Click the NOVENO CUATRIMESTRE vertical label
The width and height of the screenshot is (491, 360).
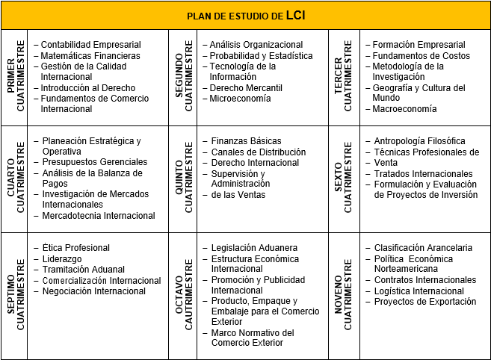pyautogui.click(x=345, y=294)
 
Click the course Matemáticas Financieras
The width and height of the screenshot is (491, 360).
pyautogui.click(x=90, y=56)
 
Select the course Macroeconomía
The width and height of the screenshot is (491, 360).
pyautogui.click(x=404, y=109)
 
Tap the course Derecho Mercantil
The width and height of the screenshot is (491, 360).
pyautogui.click(x=246, y=88)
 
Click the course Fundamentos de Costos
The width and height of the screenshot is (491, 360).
pyautogui.click(x=421, y=56)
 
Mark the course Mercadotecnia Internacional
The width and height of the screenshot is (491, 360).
pyautogui.click(x=99, y=216)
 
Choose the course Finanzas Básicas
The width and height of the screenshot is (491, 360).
pyautogui.click(x=247, y=141)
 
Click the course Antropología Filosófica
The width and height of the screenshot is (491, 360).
pyautogui.click(x=420, y=141)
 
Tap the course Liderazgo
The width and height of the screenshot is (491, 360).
pyautogui.click(x=61, y=259)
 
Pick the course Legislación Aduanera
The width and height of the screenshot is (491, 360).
pyautogui.click(x=254, y=248)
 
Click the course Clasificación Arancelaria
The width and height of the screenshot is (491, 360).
pyautogui.click(x=423, y=248)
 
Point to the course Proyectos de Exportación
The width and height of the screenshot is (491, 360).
pyautogui.click(x=425, y=302)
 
